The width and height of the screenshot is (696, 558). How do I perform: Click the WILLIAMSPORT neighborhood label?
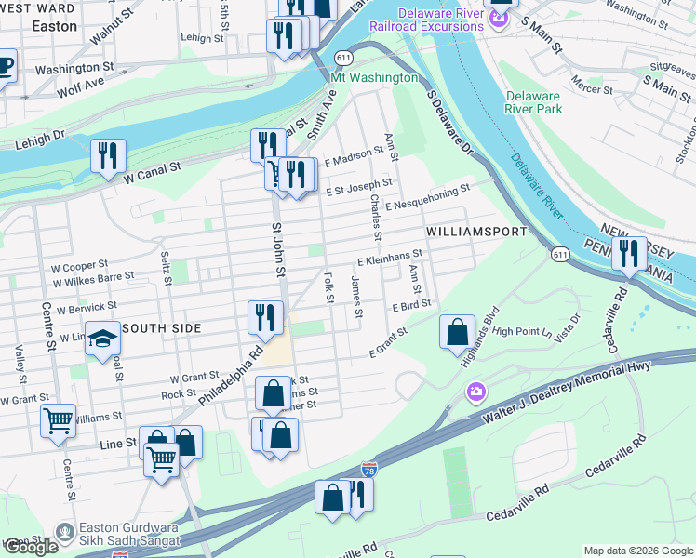coord(476,231)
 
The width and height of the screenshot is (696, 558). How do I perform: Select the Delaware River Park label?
coord(533,102)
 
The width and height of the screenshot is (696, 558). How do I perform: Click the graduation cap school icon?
coord(103,340)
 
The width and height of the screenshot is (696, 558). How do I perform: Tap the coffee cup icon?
coord(4,67)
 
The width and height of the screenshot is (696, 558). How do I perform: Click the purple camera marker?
coord(476,392)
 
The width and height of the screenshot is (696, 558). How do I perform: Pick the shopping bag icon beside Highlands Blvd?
coord(457,332)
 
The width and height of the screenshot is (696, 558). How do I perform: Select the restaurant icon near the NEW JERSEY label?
coord(629,253)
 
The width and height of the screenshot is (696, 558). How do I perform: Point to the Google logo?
coord(31,547)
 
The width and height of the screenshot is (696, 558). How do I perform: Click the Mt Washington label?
coord(374,77)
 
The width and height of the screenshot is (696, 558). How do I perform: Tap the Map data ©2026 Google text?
coord(637,551)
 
